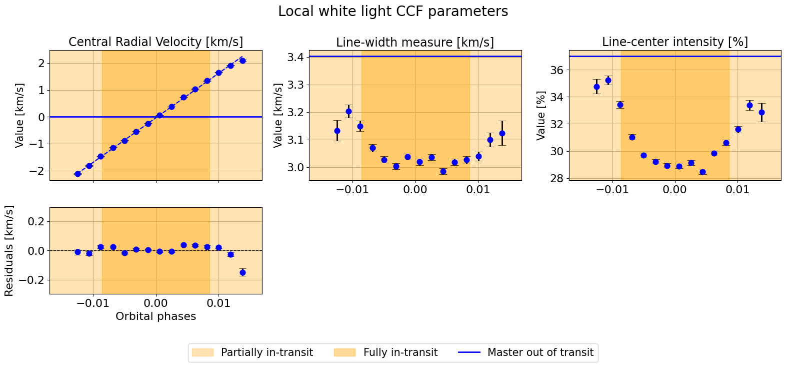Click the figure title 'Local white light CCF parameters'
click(x=393, y=12)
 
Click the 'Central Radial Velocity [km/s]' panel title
click(x=155, y=42)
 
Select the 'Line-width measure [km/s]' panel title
click(x=415, y=43)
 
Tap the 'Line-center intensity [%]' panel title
click(x=675, y=42)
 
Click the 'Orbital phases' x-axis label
click(x=155, y=316)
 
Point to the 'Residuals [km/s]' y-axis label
click(x=9, y=250)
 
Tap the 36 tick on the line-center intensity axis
click(x=557, y=70)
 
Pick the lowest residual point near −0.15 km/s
click(x=242, y=272)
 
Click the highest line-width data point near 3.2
click(x=348, y=112)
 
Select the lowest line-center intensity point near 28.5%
click(x=702, y=172)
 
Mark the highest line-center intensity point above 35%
click(x=608, y=80)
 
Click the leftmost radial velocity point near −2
click(x=77, y=174)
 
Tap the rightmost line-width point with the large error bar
click(x=502, y=133)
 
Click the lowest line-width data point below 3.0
click(x=443, y=171)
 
